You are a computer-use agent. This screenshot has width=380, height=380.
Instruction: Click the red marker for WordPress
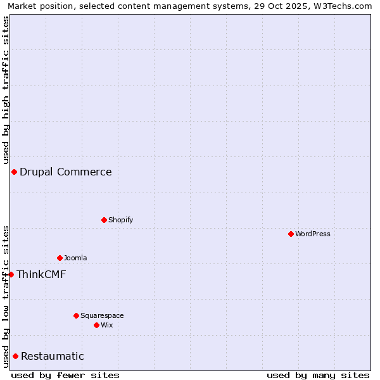[x=291, y=234]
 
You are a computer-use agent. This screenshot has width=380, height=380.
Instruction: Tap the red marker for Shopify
[x=104, y=220]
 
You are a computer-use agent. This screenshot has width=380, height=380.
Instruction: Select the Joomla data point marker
[x=60, y=258]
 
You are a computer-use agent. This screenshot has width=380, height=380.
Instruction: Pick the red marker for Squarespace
[x=76, y=315]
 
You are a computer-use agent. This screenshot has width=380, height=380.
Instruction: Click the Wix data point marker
[x=96, y=325]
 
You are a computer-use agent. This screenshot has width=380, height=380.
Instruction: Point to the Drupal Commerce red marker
[x=14, y=172]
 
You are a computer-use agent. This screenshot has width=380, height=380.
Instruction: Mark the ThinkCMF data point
[x=11, y=274]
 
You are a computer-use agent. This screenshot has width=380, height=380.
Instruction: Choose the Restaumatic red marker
[x=15, y=356]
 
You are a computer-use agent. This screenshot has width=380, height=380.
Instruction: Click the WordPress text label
[x=313, y=234]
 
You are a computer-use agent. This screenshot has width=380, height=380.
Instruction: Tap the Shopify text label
[x=120, y=220]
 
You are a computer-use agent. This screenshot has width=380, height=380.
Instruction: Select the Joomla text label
[x=75, y=258]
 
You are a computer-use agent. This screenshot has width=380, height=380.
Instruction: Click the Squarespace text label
[x=102, y=315]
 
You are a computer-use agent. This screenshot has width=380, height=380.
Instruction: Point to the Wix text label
[x=106, y=325]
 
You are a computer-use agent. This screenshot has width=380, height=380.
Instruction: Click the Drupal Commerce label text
[x=66, y=172]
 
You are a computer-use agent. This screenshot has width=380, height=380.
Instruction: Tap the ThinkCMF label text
[x=41, y=274]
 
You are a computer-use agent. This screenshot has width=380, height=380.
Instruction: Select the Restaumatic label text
[x=53, y=356]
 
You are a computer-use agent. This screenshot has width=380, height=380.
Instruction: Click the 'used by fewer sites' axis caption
[x=65, y=375]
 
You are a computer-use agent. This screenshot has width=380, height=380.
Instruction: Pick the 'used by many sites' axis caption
[x=318, y=375]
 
